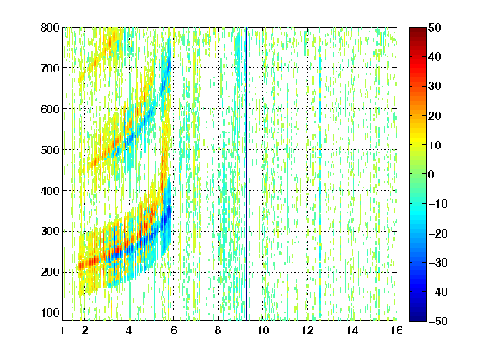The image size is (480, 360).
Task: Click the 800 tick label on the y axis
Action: [x=50, y=27]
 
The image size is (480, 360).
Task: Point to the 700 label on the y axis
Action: [x=50, y=68]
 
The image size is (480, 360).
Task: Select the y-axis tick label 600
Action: [x=50, y=109]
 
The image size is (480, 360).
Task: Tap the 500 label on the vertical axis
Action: [x=50, y=150]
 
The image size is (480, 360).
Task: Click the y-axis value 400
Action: [x=50, y=191]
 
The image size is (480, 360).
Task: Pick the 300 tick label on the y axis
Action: [x=50, y=231]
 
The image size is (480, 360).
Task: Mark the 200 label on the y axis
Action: [x=50, y=272]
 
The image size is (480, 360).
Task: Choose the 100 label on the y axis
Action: [x=50, y=312]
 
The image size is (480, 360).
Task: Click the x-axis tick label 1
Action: [x=62, y=330]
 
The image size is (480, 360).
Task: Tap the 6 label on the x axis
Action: [x=173, y=330]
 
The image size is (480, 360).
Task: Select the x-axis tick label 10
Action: [x=263, y=330]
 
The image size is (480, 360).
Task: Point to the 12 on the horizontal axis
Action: [x=307, y=330]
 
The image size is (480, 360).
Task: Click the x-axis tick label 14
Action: [x=352, y=330]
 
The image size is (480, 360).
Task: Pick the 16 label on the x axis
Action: [x=397, y=330]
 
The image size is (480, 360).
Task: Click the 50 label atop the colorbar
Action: [x=435, y=27]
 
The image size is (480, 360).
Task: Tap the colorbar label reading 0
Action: [x=432, y=174]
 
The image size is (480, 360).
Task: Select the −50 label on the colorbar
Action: [x=438, y=321]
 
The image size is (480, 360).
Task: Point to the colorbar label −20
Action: [x=438, y=233]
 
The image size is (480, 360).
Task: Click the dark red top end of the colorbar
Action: [x=417, y=29]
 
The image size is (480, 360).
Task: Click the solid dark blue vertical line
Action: [x=246, y=173]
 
